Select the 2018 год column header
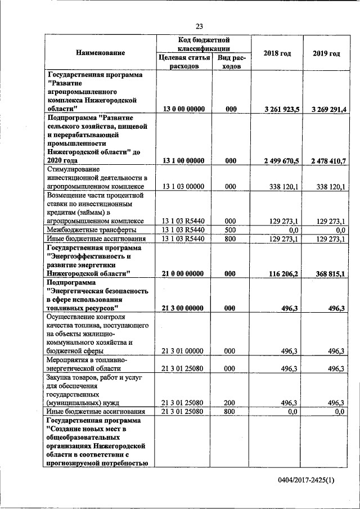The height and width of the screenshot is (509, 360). click(277, 53)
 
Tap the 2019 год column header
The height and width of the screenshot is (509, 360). click(326, 53)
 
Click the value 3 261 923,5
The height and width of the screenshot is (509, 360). click(278, 109)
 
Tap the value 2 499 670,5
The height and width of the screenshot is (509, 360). click(278, 161)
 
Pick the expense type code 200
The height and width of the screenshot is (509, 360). click(231, 403)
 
